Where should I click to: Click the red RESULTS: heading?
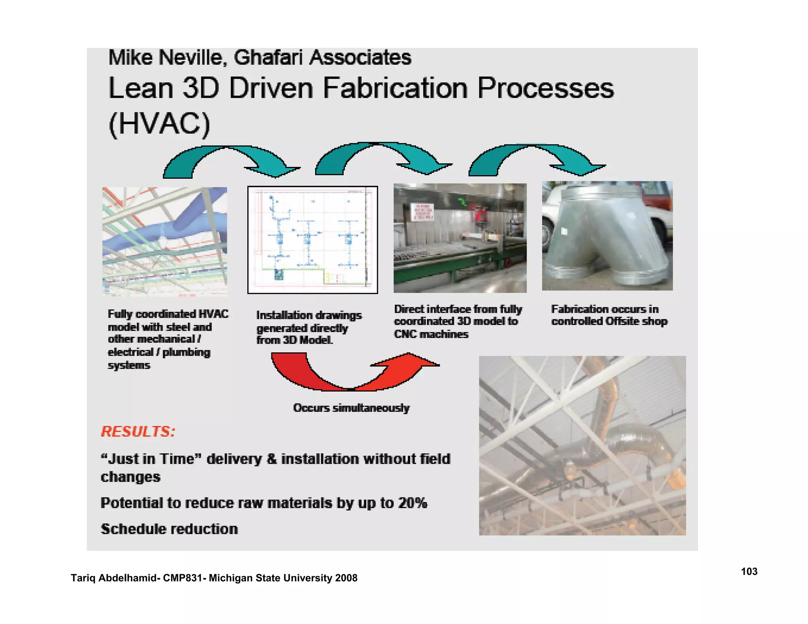pyautogui.click(x=138, y=432)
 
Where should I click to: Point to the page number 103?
pyautogui.click(x=749, y=572)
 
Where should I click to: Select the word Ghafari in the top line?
pyautogui.click(x=268, y=58)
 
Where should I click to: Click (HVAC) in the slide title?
pyautogui.click(x=159, y=124)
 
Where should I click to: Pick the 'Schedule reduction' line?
pyautogui.click(x=169, y=529)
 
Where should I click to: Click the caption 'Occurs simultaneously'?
pyautogui.click(x=351, y=407)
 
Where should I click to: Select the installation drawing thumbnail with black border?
pyautogui.click(x=312, y=240)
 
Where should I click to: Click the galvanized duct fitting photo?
pyautogui.click(x=607, y=236)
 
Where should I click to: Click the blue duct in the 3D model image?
pyautogui.click(x=166, y=237)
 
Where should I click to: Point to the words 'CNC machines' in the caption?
pyautogui.click(x=431, y=334)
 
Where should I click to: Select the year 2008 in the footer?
pyautogui.click(x=346, y=578)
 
